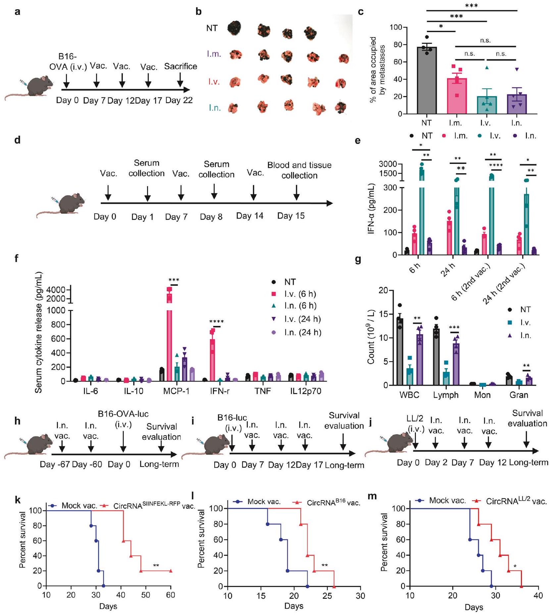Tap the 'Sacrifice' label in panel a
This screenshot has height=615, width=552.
[x=180, y=67]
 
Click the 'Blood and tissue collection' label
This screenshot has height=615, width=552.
[x=299, y=170]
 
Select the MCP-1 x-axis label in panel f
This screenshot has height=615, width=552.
[x=176, y=391]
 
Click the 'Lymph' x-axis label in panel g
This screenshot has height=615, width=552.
[x=446, y=395]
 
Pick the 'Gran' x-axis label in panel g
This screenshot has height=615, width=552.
[x=519, y=395]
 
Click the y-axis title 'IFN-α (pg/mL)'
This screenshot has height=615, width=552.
[x=371, y=209]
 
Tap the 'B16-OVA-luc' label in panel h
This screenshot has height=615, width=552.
[x=123, y=414]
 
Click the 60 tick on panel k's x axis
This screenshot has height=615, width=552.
[x=171, y=595]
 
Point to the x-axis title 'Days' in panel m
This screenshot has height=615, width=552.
[x=474, y=607]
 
